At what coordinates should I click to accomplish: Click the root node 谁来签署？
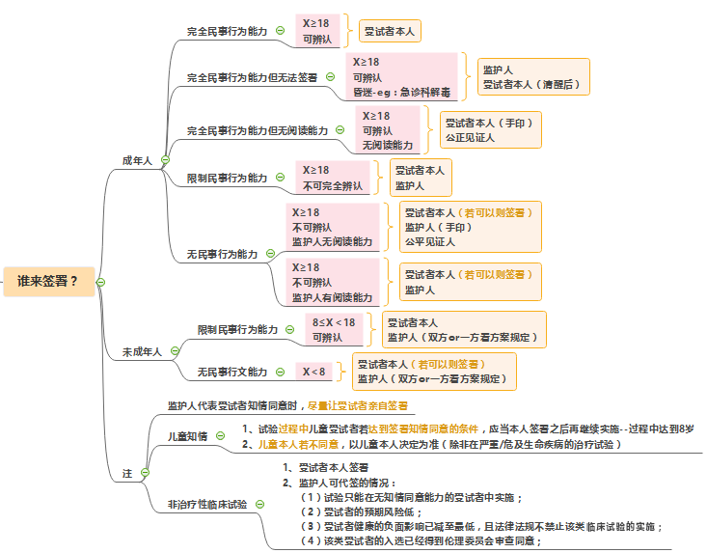point(48,282)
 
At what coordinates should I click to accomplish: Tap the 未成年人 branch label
point(141,352)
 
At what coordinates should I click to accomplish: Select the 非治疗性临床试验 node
point(207,504)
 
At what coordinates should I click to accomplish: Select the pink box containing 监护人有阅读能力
point(333,282)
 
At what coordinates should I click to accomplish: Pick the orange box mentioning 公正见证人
point(489,129)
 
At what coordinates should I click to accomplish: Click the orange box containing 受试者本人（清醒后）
point(533,76)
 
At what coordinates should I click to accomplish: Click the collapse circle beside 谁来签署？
point(100,282)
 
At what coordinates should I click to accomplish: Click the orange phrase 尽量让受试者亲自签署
point(357,405)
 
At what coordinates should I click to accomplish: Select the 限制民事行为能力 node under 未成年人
point(237,329)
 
